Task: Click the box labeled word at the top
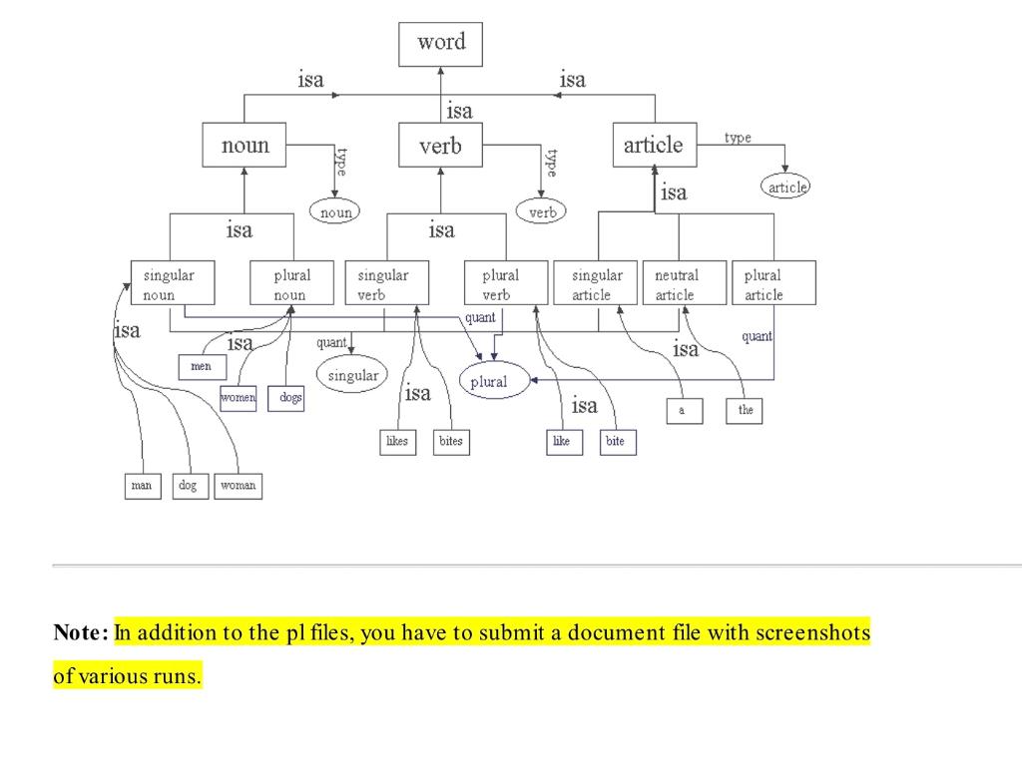(440, 44)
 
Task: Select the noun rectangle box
(245, 146)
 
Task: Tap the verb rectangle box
(440, 147)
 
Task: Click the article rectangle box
(654, 146)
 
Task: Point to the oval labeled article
(785, 187)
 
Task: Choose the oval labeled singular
(353, 375)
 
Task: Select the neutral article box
(680, 283)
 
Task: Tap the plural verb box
(506, 283)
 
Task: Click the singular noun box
(172, 283)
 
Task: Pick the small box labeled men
(201, 367)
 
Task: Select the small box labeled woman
(238, 486)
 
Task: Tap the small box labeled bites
(450, 442)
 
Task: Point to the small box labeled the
(745, 410)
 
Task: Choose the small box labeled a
(683, 410)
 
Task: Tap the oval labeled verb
(542, 211)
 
